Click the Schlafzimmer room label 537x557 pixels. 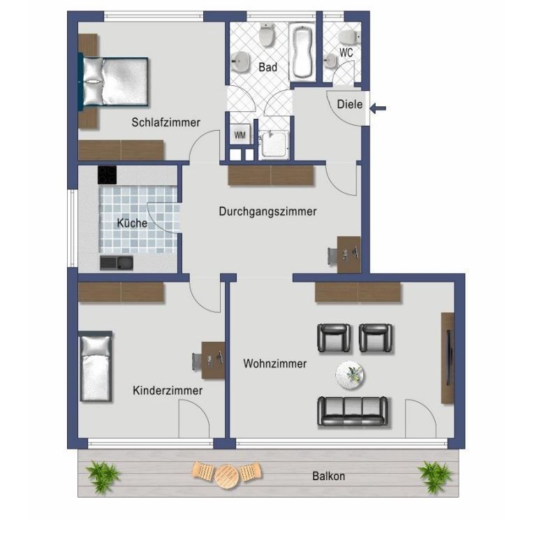[165, 122]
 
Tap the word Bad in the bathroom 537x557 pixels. [267, 67]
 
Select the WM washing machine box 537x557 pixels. [240, 135]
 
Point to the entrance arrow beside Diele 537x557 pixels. [378, 108]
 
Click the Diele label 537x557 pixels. [350, 104]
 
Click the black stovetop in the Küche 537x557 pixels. [107, 175]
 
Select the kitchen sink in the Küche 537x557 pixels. [117, 263]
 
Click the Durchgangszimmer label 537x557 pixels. [267, 211]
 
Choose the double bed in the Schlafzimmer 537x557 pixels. [114, 82]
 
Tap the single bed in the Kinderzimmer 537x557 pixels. [96, 367]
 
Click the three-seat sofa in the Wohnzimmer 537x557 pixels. [353, 412]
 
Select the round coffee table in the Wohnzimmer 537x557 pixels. [350, 375]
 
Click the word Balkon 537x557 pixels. [328, 476]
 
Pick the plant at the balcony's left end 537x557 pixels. [103, 476]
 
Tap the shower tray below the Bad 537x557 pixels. [274, 144]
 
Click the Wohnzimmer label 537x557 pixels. [274, 363]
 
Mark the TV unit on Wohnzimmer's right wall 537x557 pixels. [448, 358]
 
